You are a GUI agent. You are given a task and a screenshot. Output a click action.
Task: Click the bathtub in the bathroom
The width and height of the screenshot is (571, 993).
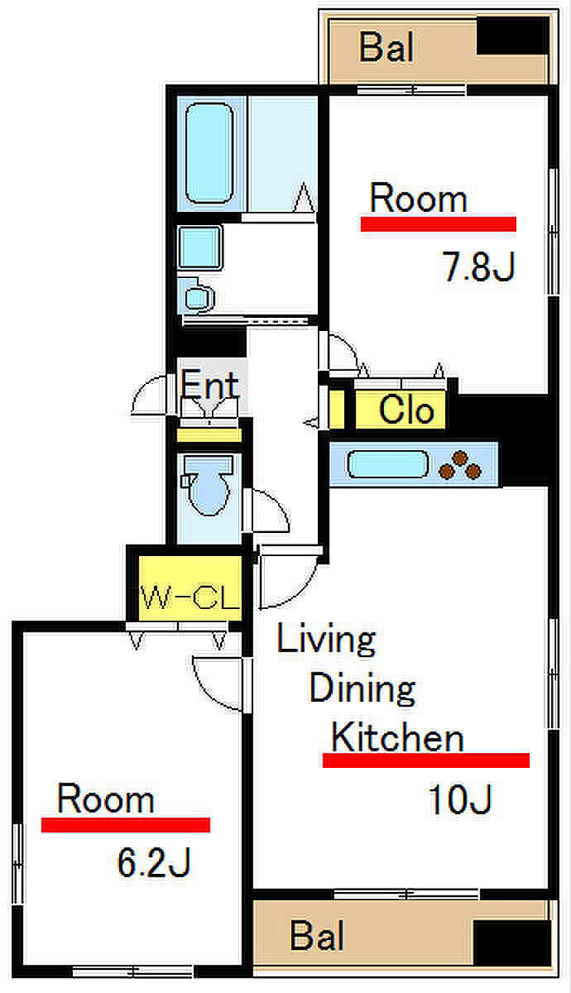(x=209, y=153)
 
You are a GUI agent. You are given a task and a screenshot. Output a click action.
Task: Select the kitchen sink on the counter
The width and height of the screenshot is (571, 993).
(x=386, y=464)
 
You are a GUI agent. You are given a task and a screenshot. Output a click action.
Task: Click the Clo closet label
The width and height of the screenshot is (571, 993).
(x=405, y=410)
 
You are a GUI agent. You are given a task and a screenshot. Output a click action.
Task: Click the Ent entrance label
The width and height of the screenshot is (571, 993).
(x=210, y=384)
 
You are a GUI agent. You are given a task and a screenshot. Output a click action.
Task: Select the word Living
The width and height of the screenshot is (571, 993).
(x=326, y=640)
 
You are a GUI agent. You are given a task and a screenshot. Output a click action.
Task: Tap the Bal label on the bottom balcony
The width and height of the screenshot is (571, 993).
(x=318, y=938)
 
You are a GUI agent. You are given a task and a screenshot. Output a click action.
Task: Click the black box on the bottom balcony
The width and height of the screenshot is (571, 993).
(x=511, y=943)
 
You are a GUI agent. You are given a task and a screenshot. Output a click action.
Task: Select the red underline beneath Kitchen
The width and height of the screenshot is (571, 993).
(x=425, y=760)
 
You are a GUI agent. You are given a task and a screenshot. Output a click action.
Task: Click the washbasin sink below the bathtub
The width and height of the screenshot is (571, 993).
(x=199, y=246)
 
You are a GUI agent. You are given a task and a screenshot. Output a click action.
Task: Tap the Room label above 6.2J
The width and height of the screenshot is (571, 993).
(x=105, y=799)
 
